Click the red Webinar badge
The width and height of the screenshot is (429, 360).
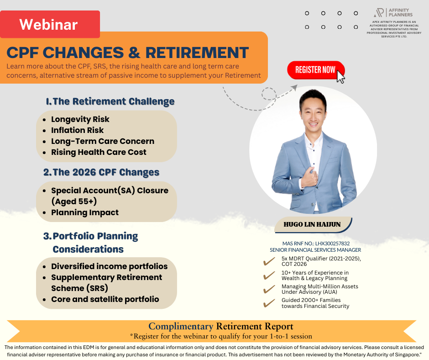click(50, 24)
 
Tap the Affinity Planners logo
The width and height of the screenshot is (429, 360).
click(393, 13)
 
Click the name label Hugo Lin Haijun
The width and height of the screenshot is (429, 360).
click(312, 224)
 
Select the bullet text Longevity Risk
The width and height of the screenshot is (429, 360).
click(80, 119)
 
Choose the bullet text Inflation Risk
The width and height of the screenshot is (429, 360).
click(78, 130)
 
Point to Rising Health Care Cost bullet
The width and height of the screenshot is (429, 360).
click(99, 152)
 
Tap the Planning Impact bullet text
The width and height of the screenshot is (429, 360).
click(85, 212)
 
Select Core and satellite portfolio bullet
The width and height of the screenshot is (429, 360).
click(105, 299)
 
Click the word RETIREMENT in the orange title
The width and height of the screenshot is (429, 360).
click(197, 53)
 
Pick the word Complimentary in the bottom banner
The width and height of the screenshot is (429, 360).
click(181, 326)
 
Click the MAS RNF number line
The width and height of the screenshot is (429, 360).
click(316, 244)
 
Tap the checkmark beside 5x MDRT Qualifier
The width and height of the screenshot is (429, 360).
click(269, 261)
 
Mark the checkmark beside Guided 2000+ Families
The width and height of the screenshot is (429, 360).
click(269, 303)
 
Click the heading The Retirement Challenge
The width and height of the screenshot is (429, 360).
click(110, 101)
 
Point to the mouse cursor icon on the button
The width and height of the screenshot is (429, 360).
click(340, 77)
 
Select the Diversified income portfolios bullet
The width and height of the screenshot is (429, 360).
click(110, 266)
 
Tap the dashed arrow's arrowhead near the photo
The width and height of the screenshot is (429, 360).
click(294, 87)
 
